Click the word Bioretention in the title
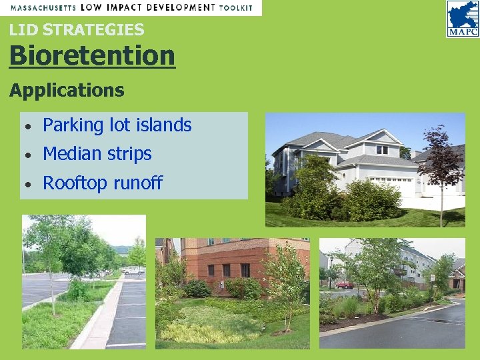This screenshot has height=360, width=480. pos(92,56)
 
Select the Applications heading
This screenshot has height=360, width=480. pos(67,90)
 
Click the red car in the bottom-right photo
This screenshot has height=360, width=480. pos(344,285)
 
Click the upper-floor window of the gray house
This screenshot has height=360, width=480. pos(382,149)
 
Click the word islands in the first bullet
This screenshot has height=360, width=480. pos(166,125)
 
